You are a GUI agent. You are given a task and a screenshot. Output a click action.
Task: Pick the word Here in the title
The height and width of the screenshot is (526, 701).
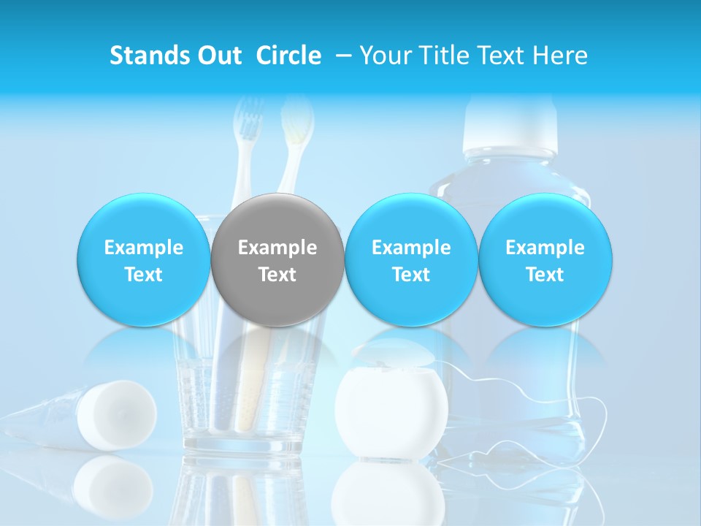coord(560,56)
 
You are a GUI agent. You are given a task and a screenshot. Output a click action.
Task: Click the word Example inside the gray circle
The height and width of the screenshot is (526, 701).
coord(277,248)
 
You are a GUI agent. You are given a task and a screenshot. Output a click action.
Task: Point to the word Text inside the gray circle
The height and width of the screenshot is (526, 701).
coord(277,275)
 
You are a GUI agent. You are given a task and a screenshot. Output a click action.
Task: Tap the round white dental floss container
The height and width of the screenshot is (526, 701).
coord(391,413)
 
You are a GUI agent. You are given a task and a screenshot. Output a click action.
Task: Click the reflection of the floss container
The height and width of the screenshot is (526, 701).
coord(391,494)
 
